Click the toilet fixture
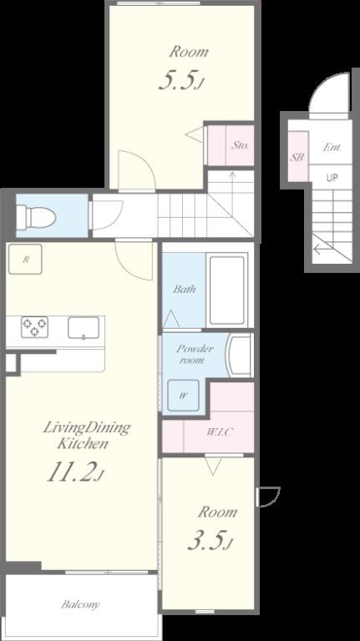36,216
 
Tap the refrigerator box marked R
25,260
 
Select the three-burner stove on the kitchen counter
35,326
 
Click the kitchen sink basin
84,328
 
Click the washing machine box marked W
183,396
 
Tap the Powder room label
194,355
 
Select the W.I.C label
220,432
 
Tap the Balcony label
80,604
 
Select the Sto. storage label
241,145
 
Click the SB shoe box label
297,157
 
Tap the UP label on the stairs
332,178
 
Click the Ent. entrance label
332,148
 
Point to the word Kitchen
83,443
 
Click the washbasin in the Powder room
240,356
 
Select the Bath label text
184,290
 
